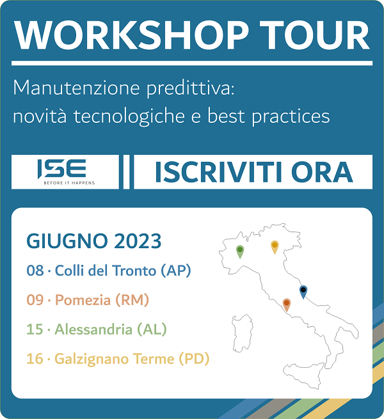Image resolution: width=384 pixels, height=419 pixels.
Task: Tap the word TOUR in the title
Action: (x=315, y=35)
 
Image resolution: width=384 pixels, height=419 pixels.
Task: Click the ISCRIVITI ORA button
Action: (x=253, y=172)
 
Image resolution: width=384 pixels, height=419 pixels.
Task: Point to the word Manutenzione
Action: (x=76, y=88)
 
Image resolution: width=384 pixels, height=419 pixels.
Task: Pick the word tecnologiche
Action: (x=129, y=117)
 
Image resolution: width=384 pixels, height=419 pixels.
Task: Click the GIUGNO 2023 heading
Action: (x=94, y=241)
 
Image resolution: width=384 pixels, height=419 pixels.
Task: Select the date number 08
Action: (x=35, y=271)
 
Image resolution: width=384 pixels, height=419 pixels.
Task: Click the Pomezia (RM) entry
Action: (x=102, y=300)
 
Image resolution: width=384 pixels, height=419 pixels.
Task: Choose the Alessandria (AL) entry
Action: (x=111, y=329)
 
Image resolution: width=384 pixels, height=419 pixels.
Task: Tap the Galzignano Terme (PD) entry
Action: (x=132, y=359)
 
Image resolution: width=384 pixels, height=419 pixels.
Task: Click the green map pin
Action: (x=240, y=251)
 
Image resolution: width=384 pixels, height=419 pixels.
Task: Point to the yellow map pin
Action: (x=275, y=247)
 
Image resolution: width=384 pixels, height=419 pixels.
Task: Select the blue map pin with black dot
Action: (x=303, y=291)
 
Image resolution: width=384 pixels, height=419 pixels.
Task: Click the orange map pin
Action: (x=286, y=304)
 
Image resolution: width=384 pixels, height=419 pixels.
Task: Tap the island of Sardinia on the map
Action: (x=242, y=333)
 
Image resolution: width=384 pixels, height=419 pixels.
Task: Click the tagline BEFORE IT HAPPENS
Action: (x=69, y=183)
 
